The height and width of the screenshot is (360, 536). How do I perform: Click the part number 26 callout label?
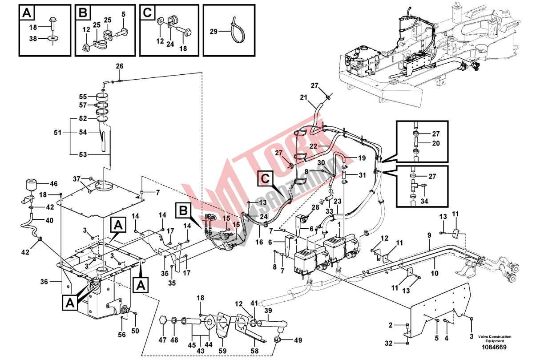point(119,66)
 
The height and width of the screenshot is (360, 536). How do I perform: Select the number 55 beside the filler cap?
point(83,97)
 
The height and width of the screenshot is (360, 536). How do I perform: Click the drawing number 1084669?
point(495,347)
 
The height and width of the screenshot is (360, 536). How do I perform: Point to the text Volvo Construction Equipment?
point(495,339)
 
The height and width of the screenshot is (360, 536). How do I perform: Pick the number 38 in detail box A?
point(33,39)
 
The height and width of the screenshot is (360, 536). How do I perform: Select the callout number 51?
point(56,132)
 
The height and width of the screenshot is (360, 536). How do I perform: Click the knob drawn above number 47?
point(163,320)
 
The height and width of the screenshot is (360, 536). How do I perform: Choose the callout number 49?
point(298,340)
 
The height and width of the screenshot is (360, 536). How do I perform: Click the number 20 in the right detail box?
point(436,143)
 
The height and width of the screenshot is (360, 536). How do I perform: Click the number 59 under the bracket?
point(222,351)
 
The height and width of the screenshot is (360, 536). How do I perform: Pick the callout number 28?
point(315,207)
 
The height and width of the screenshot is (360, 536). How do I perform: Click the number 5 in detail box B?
point(123,14)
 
